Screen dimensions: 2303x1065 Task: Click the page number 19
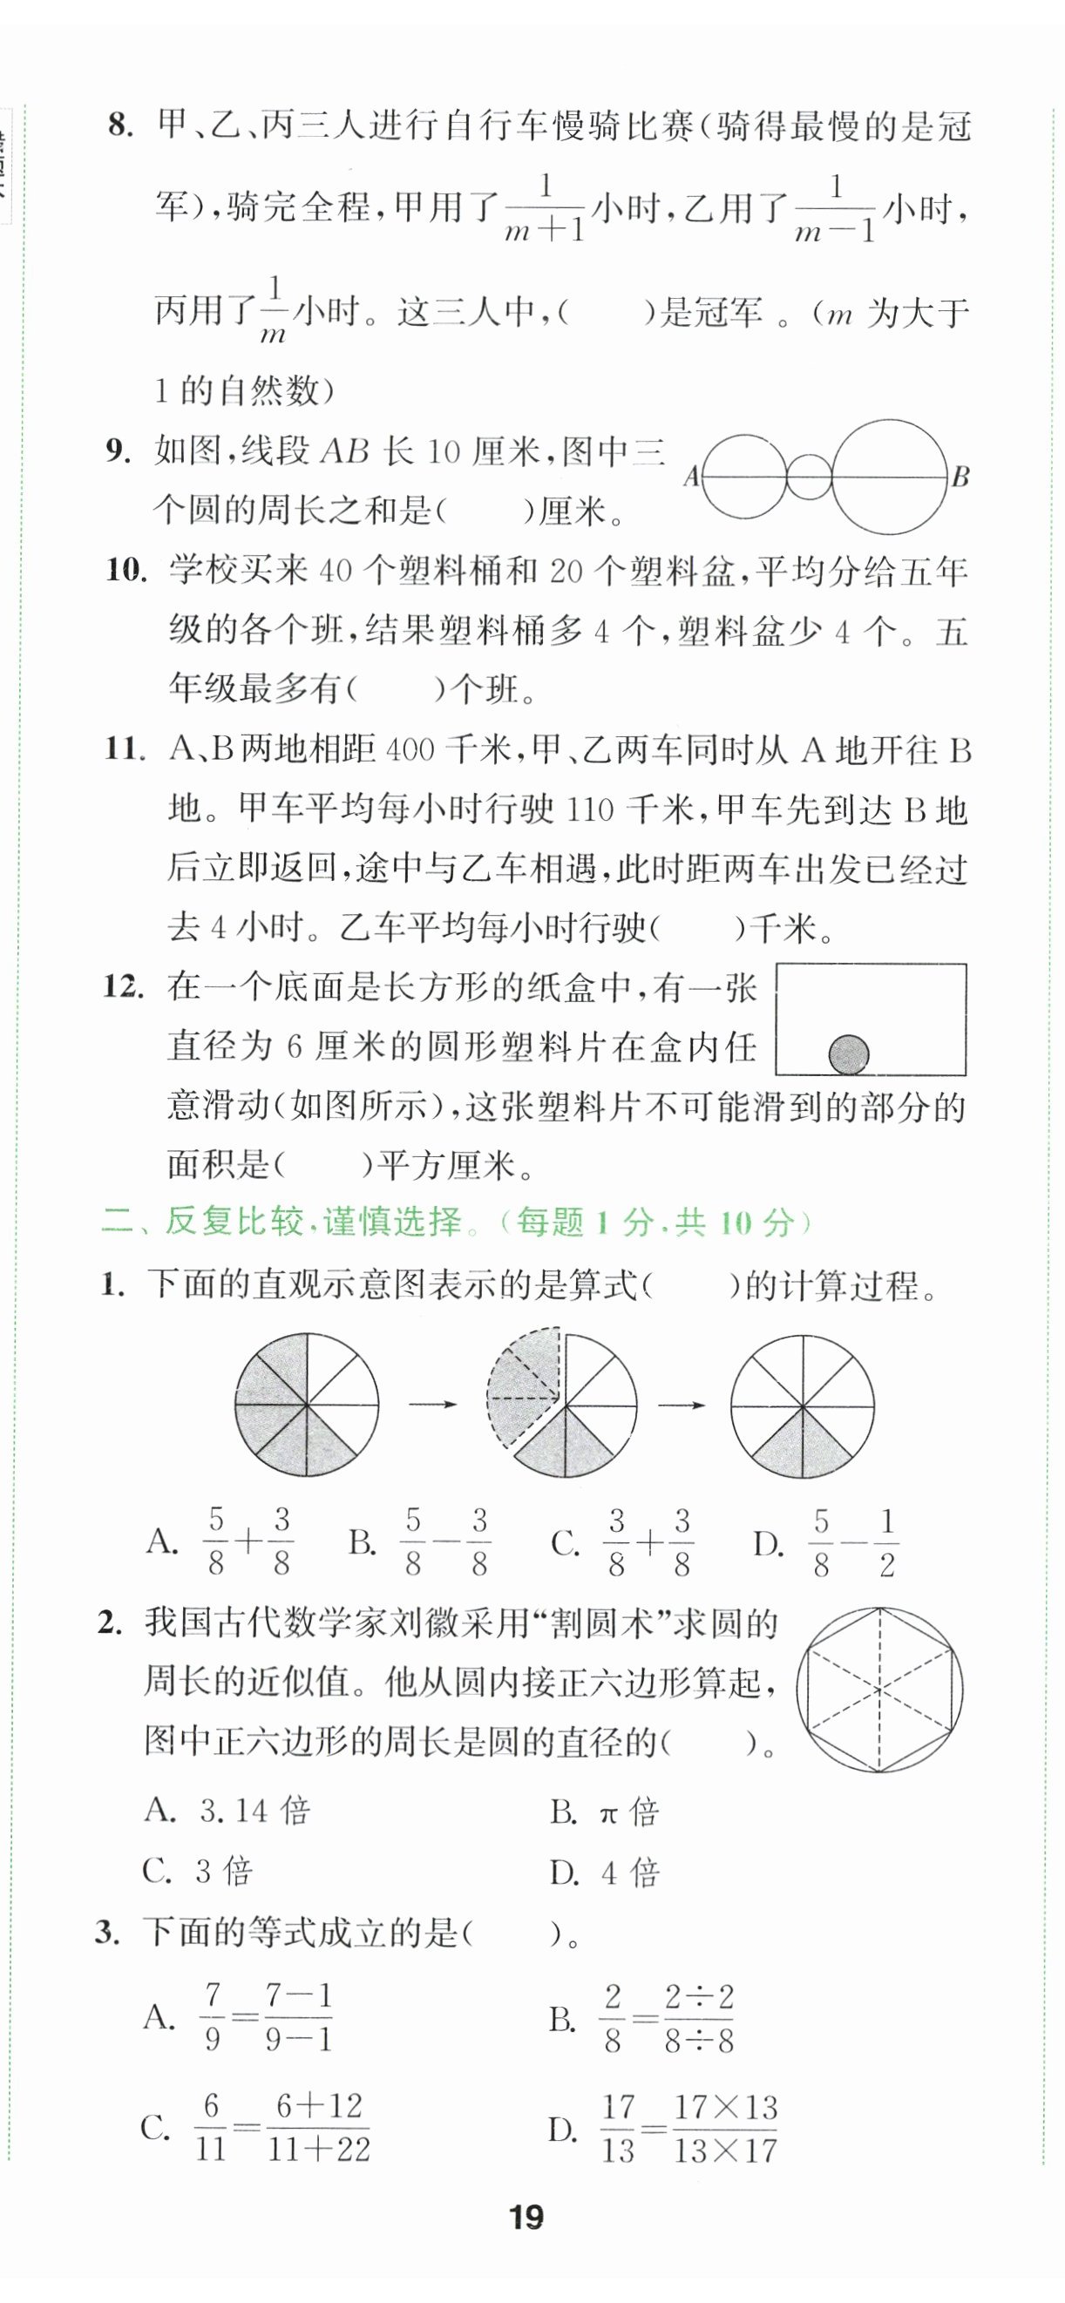[x=526, y=2218]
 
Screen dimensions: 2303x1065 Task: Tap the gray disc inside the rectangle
[x=849, y=1054]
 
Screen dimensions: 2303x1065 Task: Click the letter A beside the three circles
[x=691, y=477]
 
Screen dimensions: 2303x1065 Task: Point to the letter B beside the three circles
[x=960, y=477]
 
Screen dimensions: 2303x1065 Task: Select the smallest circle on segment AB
[x=810, y=477]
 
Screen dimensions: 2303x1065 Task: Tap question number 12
[x=124, y=987]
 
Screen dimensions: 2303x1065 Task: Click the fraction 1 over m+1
[x=545, y=210]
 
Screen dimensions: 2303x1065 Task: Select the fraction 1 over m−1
[x=835, y=210]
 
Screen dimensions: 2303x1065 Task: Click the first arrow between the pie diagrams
[x=433, y=1405]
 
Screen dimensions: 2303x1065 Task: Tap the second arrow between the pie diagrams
[x=682, y=1405]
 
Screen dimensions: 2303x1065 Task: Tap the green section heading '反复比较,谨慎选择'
[x=313, y=1223]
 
